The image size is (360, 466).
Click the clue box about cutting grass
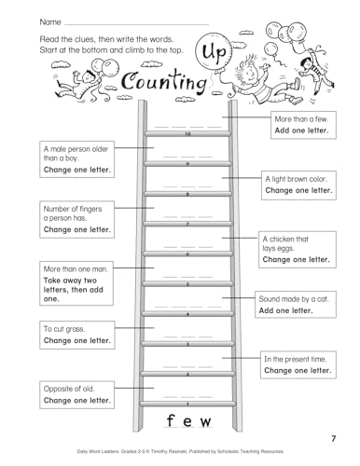coord(76,335)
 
